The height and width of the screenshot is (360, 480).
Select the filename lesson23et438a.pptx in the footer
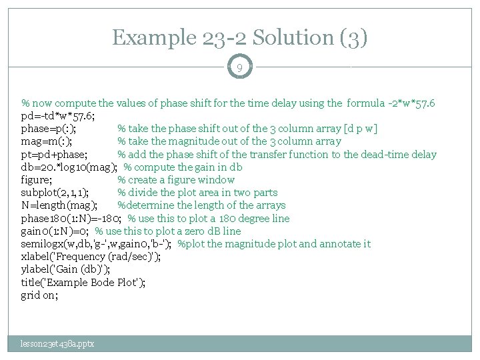point(57,343)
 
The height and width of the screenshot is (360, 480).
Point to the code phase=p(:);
point(48,129)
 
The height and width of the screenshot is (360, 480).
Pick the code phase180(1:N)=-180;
point(71,218)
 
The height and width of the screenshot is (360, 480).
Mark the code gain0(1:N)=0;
point(55,231)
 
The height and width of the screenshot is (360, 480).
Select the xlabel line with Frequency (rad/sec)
point(91,256)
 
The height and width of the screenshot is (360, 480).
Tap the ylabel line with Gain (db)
point(65,269)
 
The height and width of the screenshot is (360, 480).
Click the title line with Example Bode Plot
point(83,282)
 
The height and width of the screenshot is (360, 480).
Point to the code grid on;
point(39,295)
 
